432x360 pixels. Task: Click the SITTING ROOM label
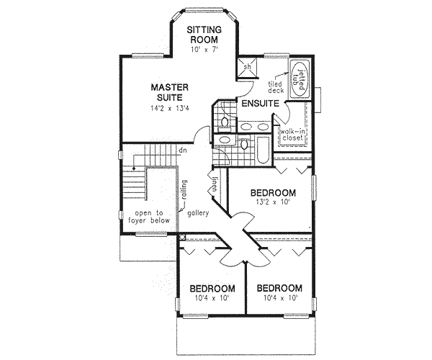pos(204,35)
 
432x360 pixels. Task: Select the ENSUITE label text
pos(260,105)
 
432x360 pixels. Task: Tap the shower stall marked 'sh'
pos(247,67)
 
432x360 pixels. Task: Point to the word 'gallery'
pos(199,214)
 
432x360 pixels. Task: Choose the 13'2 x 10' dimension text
pos(273,204)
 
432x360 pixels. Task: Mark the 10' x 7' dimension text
pos(204,49)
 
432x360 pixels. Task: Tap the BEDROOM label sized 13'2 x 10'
pos(274,193)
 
